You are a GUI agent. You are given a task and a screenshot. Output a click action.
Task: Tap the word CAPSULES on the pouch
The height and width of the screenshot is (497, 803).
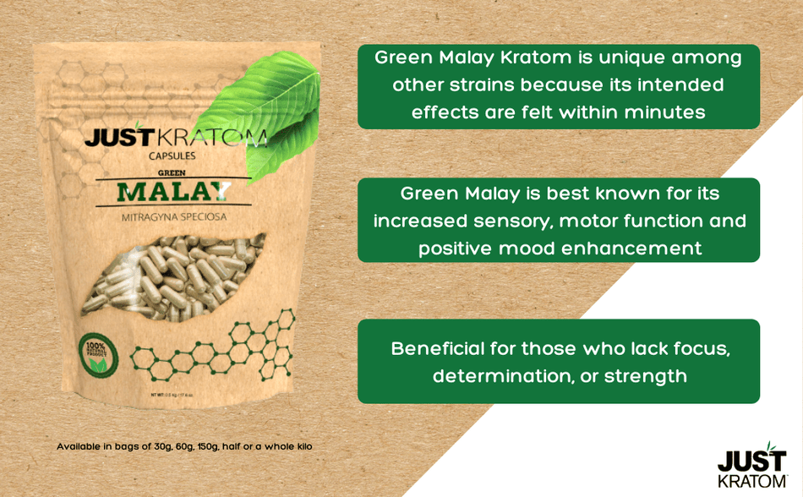point(172,156)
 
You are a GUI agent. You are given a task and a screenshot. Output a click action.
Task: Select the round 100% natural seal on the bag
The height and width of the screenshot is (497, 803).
point(98,356)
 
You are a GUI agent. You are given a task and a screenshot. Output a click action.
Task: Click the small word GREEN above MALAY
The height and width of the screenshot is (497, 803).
point(172,173)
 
